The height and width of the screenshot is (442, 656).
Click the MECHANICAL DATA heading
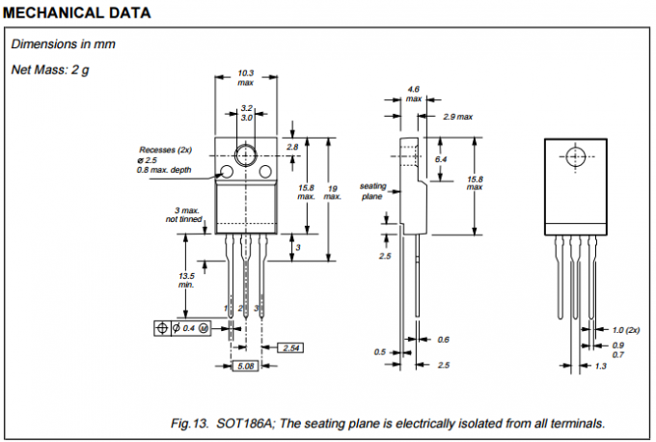point(76,13)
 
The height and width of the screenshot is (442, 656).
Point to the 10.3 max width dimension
point(245,78)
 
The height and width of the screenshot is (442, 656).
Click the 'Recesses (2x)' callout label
point(166,150)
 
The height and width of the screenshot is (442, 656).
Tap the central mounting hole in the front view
point(245,153)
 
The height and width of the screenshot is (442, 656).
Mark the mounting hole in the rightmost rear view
point(576,156)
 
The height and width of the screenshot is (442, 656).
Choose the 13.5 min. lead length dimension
point(186,279)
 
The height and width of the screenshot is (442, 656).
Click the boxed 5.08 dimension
point(245,367)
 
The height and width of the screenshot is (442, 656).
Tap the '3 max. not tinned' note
point(185,215)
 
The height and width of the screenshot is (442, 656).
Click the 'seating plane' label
point(372,189)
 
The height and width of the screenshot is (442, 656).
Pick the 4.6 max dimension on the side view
point(414,94)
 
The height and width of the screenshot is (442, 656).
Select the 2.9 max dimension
point(457,117)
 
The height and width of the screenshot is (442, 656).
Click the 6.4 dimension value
point(441,158)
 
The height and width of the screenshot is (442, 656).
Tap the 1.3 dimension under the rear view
point(600,367)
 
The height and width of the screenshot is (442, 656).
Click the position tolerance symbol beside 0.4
point(161,329)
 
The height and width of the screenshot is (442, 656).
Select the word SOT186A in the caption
point(243,423)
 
